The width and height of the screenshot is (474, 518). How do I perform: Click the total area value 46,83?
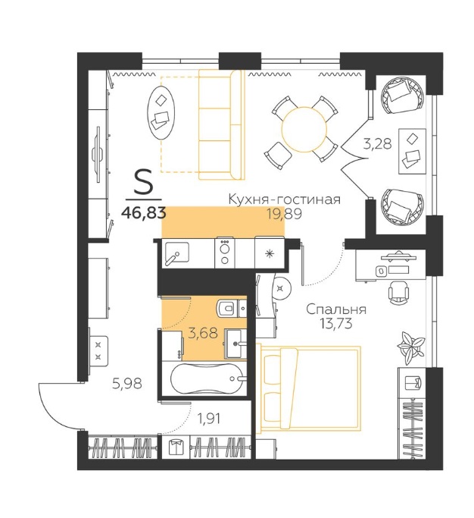[143, 213]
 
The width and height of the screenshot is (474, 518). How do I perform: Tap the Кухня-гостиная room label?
[285, 199]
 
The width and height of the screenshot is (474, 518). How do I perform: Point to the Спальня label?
[336, 309]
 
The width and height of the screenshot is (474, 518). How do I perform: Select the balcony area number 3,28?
[377, 143]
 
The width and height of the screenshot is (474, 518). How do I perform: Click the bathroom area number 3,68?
[202, 333]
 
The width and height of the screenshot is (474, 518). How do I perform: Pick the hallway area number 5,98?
[127, 384]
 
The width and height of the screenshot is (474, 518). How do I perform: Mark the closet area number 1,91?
[209, 419]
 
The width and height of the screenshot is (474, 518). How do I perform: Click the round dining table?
[304, 129]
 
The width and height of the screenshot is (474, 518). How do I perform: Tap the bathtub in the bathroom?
[207, 378]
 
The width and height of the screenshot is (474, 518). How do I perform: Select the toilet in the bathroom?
[228, 308]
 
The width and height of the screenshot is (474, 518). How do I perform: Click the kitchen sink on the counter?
[176, 253]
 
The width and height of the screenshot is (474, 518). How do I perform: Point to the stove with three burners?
[225, 253]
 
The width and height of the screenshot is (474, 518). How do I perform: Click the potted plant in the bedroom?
[410, 346]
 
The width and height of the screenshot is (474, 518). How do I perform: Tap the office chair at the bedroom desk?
[398, 293]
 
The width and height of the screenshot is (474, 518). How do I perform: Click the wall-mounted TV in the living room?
[97, 154]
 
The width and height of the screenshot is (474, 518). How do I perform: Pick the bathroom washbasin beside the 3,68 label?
[235, 344]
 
